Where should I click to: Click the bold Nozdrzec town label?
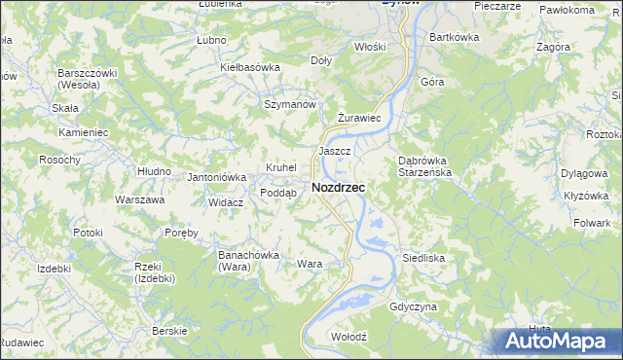click(x=339, y=187)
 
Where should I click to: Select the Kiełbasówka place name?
click(x=250, y=67)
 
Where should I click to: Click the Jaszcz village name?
click(x=334, y=152)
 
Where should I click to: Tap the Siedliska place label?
click(x=423, y=259)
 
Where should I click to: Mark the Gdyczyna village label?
click(x=413, y=306)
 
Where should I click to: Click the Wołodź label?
click(x=348, y=336)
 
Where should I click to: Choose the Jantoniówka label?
click(x=216, y=177)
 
